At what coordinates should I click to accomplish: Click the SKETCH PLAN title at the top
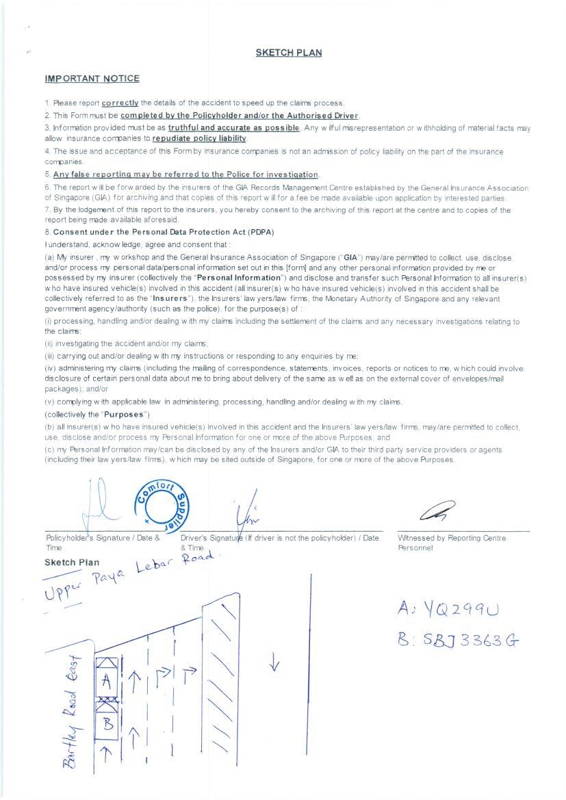tap(288, 53)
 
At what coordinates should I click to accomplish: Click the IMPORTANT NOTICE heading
tap(92, 79)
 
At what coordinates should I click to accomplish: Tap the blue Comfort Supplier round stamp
tap(162, 505)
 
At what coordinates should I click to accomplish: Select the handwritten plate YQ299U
tap(449, 609)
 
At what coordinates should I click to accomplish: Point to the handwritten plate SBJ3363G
tap(458, 641)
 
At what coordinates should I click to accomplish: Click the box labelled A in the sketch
tap(106, 680)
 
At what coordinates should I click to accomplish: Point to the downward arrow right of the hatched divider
tap(274, 662)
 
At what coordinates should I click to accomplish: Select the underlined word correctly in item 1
tap(120, 103)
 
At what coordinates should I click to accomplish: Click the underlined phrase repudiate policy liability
tap(198, 138)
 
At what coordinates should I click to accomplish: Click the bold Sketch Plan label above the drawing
tap(72, 563)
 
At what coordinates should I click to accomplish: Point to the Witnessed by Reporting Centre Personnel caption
tap(452, 543)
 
